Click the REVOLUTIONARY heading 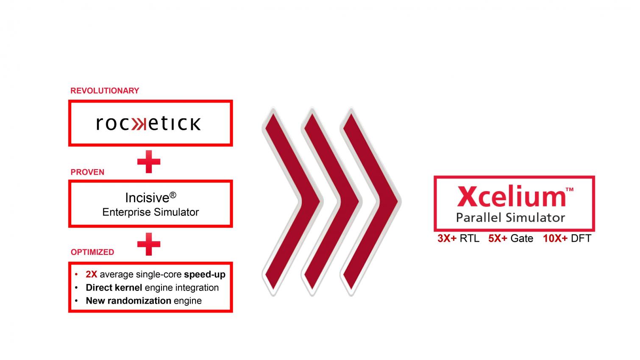click(x=105, y=91)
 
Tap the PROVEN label click(x=87, y=172)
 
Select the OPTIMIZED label click(x=92, y=252)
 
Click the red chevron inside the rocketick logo click(x=139, y=124)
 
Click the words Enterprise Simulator click(x=150, y=212)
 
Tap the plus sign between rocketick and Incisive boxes click(x=149, y=162)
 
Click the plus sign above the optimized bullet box click(x=149, y=244)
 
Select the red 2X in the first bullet click(x=91, y=274)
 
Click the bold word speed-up click(x=205, y=274)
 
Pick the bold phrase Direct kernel click(x=114, y=287)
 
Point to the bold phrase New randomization click(x=128, y=301)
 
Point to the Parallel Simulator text click(x=510, y=218)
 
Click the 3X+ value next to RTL click(x=447, y=238)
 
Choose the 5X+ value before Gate click(x=498, y=238)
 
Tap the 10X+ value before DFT click(x=555, y=238)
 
